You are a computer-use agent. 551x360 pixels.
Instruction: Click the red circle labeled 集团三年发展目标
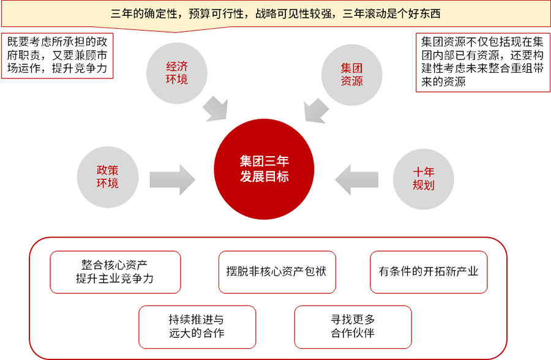tap(264, 169)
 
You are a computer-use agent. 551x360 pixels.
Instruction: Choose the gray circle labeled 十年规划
tap(422, 179)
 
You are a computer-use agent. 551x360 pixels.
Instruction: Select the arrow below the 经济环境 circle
tap(218, 108)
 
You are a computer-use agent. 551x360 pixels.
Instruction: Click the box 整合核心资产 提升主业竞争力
tap(115, 272)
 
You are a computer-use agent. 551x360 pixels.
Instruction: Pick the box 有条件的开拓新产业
tap(429, 272)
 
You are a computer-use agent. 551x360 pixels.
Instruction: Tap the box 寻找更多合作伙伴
tap(353, 327)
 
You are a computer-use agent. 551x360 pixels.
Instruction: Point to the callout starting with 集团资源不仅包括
tap(482, 62)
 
